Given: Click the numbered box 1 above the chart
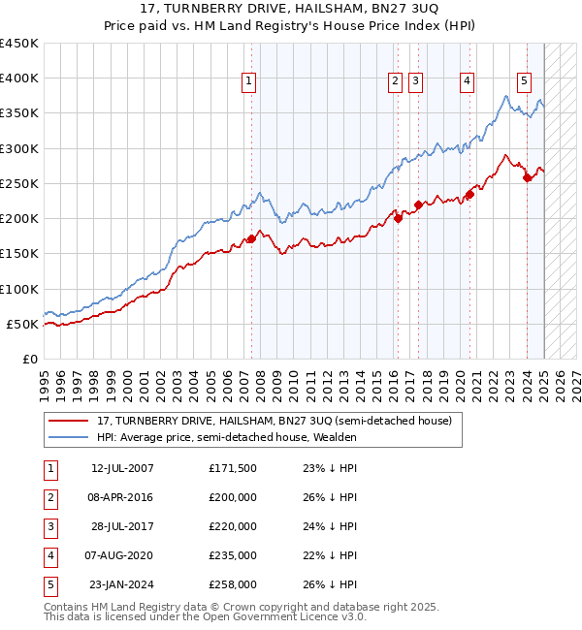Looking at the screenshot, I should click(x=250, y=82).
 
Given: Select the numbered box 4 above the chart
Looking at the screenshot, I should click(x=468, y=82).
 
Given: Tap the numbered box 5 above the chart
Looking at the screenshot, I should click(x=524, y=82).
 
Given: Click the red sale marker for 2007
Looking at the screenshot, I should click(x=251, y=238).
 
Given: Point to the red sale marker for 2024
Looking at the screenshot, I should click(x=527, y=177).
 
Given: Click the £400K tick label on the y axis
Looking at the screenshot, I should click(x=19, y=78).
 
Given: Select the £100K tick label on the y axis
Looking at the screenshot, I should click(x=19, y=289).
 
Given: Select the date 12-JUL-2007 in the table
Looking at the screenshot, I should click(x=122, y=469).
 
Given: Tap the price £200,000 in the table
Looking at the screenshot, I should click(x=233, y=498).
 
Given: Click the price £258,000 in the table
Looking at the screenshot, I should click(x=233, y=585).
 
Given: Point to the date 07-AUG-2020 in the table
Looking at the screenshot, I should click(x=122, y=556).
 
